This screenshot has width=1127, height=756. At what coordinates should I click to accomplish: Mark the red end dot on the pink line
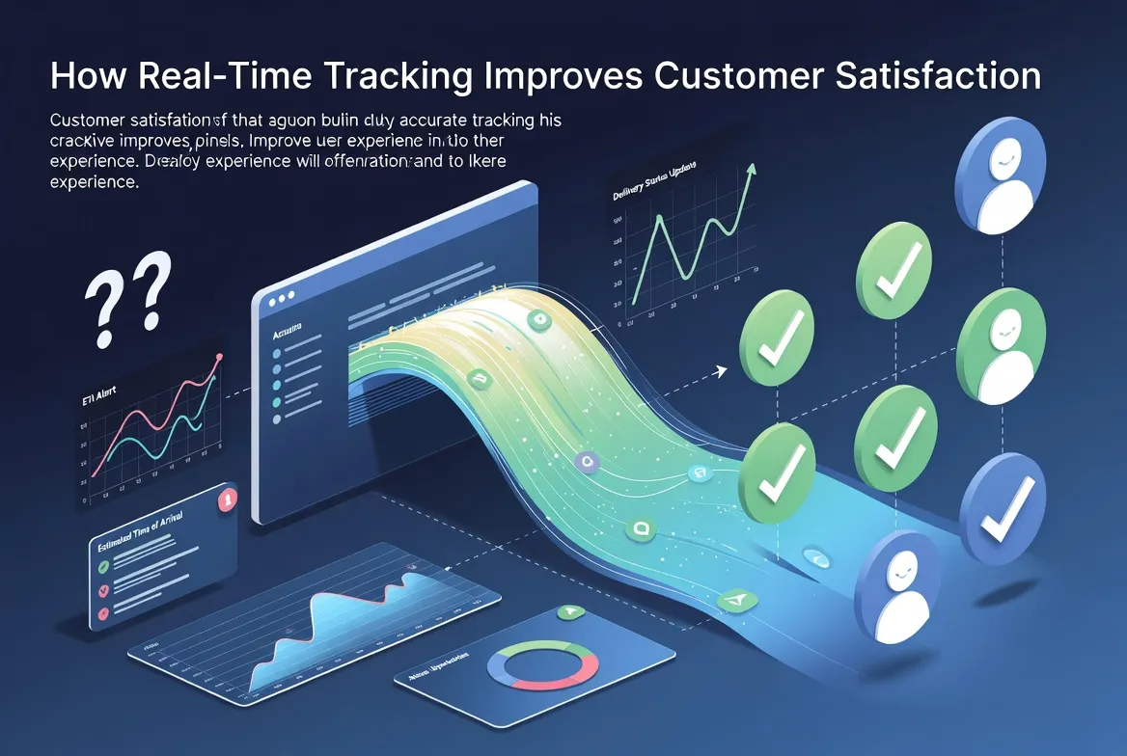click(x=220, y=358)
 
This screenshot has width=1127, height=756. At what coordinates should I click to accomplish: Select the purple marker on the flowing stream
click(x=586, y=462)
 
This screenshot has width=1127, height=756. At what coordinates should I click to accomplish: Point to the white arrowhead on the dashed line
click(x=721, y=368)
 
